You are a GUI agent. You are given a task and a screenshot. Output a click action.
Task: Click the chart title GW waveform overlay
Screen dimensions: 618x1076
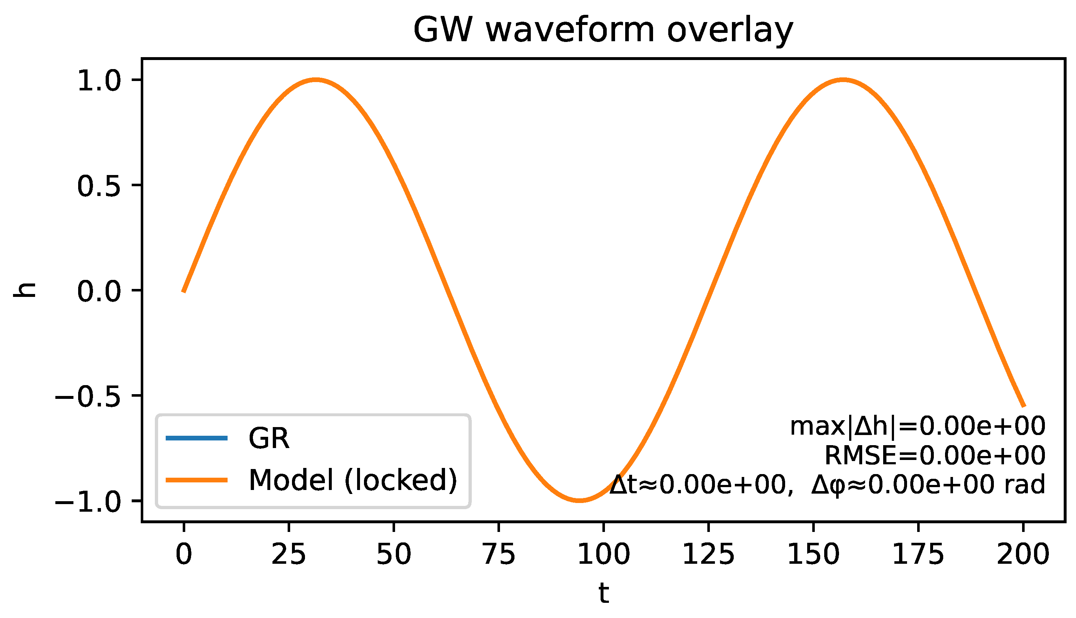603,31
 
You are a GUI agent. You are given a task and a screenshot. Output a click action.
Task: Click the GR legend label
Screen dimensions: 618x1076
269,438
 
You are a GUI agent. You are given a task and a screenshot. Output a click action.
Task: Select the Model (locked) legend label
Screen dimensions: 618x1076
352,480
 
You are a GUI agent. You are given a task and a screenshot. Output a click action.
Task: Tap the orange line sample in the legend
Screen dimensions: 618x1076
196,480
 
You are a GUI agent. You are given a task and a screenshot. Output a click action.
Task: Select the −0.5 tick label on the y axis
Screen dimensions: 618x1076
88,396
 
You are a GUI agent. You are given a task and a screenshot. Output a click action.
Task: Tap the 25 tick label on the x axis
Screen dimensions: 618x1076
289,554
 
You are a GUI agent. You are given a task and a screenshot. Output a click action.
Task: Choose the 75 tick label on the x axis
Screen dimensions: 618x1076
499,554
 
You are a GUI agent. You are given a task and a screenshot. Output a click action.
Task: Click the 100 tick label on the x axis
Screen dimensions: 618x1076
603,554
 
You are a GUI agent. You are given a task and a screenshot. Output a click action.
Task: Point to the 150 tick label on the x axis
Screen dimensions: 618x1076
813,554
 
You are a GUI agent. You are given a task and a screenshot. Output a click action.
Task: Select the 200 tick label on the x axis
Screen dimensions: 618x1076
1023,554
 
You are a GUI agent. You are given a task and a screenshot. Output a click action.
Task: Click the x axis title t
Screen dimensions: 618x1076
603,593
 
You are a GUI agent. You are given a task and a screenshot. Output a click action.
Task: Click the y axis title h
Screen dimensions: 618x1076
25,290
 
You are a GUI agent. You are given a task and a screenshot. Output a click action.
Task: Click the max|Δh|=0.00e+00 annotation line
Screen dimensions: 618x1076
917,426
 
